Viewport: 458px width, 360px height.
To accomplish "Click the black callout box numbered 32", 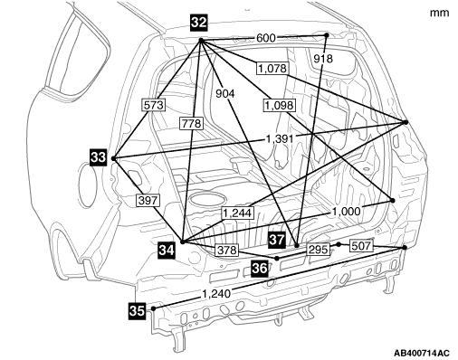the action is [x=199, y=23].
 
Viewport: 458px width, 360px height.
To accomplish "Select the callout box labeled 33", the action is [x=99, y=157].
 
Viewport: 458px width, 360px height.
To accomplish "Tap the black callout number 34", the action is [x=167, y=251].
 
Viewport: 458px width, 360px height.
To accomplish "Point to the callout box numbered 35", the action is [x=137, y=310].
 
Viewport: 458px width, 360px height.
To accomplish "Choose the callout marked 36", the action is [x=260, y=268].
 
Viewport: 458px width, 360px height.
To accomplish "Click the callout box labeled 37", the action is [x=277, y=240].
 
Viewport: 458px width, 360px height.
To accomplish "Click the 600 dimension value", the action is [x=266, y=38].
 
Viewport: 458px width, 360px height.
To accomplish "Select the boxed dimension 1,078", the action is [x=272, y=69].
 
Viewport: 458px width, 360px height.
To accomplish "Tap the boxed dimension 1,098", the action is [x=279, y=106].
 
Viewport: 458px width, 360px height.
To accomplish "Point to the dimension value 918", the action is [x=323, y=59].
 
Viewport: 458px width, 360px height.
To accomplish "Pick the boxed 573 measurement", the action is [x=154, y=105].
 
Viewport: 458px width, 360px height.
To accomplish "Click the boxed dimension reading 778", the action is [x=192, y=124].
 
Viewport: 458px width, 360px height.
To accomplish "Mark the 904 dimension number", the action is [x=225, y=94].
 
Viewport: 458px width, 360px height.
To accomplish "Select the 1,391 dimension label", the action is [x=280, y=139].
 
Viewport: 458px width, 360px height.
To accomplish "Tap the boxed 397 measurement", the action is [x=148, y=201].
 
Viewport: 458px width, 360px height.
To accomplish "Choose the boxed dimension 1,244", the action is [x=237, y=213].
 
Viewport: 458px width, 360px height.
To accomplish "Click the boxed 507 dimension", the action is [x=361, y=246].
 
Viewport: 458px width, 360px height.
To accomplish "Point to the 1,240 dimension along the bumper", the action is [x=216, y=294].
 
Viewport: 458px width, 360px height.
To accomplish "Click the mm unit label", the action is [x=440, y=13].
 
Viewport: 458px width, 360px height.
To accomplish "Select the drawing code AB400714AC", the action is [x=422, y=353].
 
